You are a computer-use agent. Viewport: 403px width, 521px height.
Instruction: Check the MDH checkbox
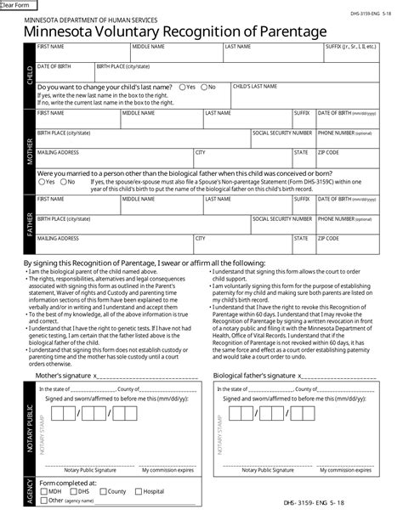coord(43,491)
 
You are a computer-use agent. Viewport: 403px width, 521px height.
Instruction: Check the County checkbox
coord(104,491)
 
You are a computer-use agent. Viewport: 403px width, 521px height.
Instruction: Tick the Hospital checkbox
coord(138,491)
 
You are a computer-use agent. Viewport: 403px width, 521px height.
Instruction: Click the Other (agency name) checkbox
coord(43,501)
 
